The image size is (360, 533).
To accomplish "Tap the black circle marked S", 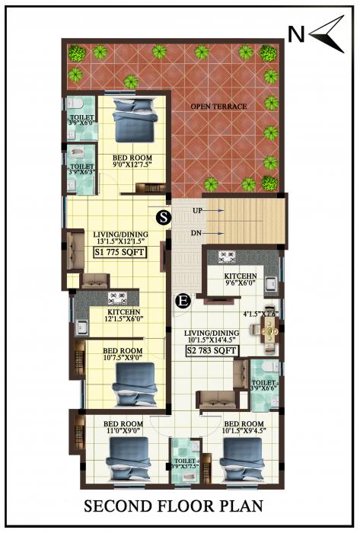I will tap(162, 217).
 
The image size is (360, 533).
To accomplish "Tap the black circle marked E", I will tap(183, 301).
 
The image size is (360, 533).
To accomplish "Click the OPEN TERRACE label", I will tap(218, 107).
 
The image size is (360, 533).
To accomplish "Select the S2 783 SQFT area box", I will tap(212, 351).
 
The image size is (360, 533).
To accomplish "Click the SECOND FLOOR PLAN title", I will tap(180, 506).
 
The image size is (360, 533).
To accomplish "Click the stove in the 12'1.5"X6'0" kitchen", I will tap(116, 296).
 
